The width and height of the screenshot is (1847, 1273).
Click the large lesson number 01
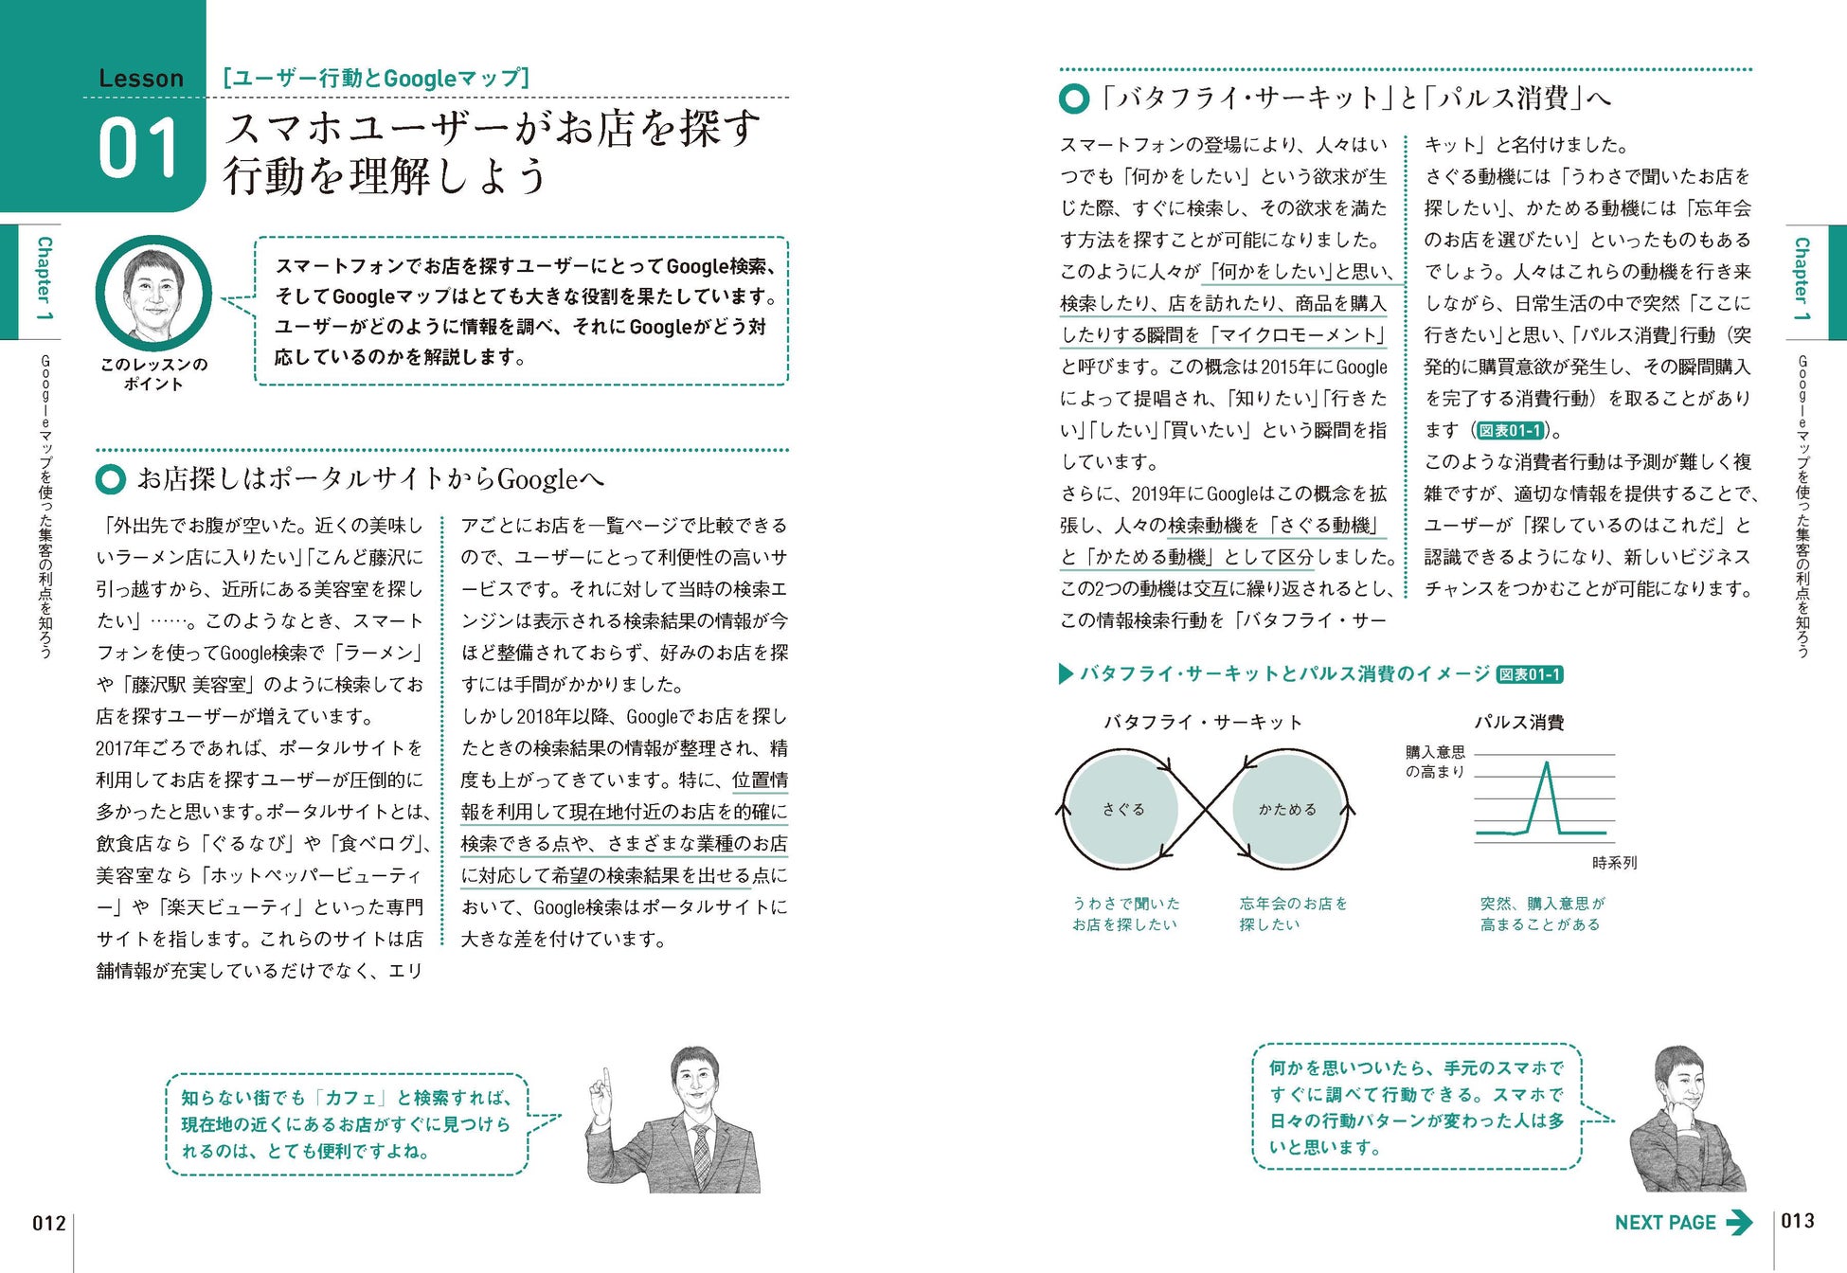click(138, 149)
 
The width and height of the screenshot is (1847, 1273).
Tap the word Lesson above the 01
click(141, 79)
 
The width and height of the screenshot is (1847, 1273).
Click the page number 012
click(48, 1223)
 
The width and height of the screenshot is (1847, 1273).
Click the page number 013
click(1797, 1221)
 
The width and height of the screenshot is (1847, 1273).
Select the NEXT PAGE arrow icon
click(1738, 1223)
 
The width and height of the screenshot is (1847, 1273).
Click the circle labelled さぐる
click(1122, 810)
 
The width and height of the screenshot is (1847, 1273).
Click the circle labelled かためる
click(1287, 810)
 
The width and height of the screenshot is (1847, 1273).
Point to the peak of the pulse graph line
click(1546, 763)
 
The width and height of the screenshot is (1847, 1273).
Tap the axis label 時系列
click(1614, 863)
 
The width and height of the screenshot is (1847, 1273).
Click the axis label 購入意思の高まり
click(1434, 762)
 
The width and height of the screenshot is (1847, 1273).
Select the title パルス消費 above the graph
click(1518, 723)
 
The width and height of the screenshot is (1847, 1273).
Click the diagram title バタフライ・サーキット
click(1203, 723)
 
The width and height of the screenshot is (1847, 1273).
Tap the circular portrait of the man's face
click(153, 294)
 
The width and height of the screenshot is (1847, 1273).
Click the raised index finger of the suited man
click(601, 1080)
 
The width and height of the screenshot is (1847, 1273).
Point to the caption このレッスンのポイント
click(153, 374)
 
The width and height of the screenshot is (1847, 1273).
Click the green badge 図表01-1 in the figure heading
click(1530, 674)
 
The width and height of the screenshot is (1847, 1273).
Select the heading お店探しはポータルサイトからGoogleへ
click(369, 479)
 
